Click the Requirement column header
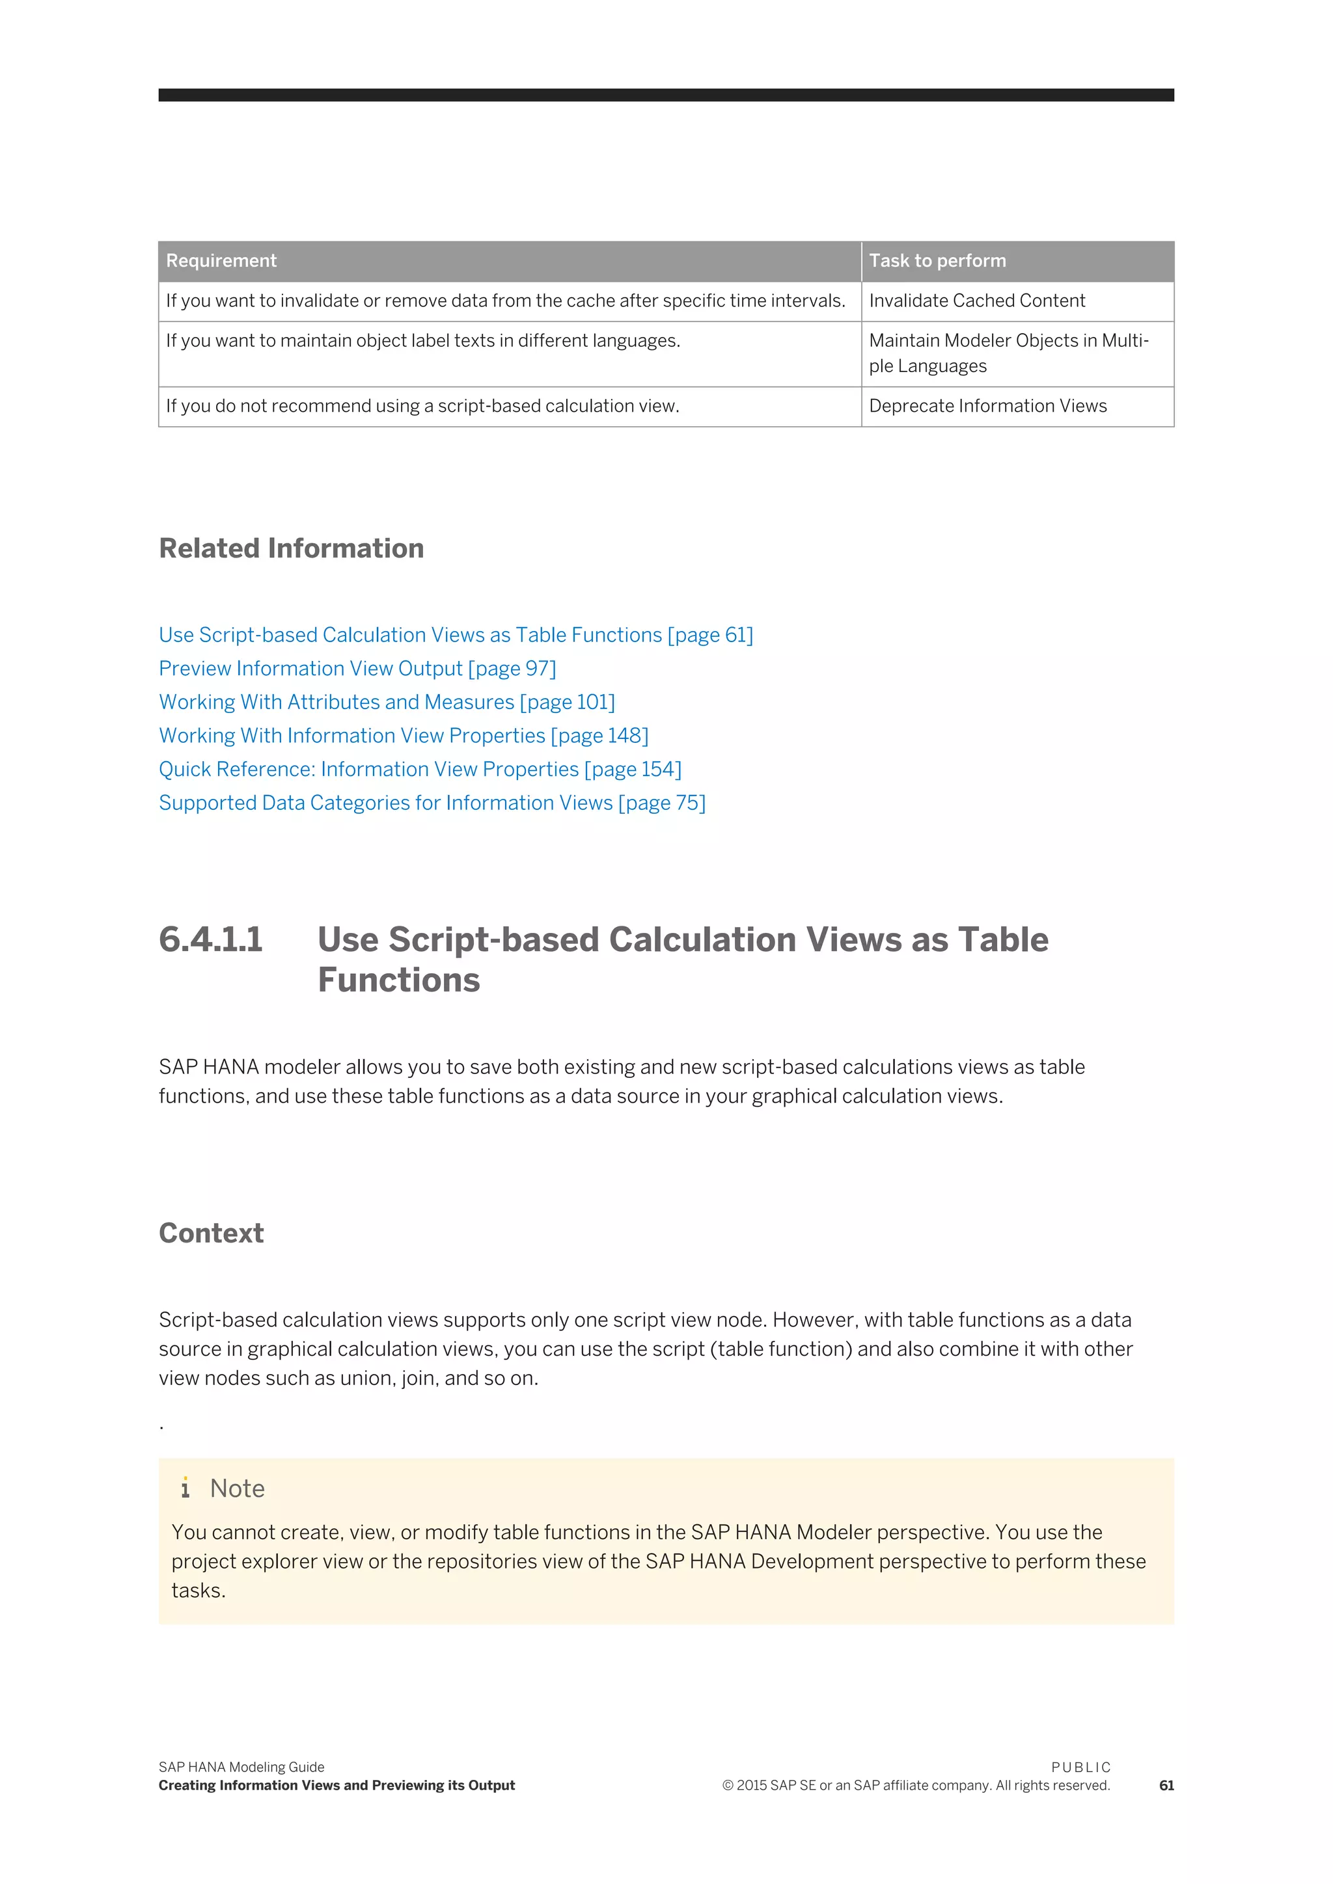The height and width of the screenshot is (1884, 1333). pyautogui.click(x=221, y=261)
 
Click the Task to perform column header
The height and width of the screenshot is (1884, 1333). pyautogui.click(x=937, y=261)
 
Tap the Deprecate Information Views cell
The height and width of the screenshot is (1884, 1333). pyautogui.click(x=987, y=406)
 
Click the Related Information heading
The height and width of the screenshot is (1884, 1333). pyautogui.click(x=292, y=548)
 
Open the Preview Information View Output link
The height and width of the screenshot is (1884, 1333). pyautogui.click(x=357, y=669)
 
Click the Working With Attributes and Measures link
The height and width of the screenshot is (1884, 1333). pyautogui.click(x=387, y=703)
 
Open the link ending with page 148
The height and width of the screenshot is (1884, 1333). pyautogui.click(x=403, y=736)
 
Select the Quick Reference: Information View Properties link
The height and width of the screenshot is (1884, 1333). pyautogui.click(x=419, y=770)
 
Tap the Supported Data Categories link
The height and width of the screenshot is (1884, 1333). pyautogui.click(x=432, y=803)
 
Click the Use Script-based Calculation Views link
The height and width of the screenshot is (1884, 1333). pyautogui.click(x=456, y=635)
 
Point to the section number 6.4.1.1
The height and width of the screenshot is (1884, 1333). pyautogui.click(x=211, y=939)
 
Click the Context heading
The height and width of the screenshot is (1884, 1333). pyautogui.click(x=211, y=1233)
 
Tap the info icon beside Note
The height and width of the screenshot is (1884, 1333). pyautogui.click(x=186, y=1488)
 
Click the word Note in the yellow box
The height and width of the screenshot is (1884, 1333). pyautogui.click(x=237, y=1488)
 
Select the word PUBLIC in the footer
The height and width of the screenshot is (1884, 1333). pyautogui.click(x=1080, y=1768)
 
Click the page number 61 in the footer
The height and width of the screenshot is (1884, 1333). pyautogui.click(x=1166, y=1786)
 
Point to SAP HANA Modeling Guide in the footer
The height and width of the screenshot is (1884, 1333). pyautogui.click(x=241, y=1768)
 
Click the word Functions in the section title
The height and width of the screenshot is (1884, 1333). pyautogui.click(x=399, y=980)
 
